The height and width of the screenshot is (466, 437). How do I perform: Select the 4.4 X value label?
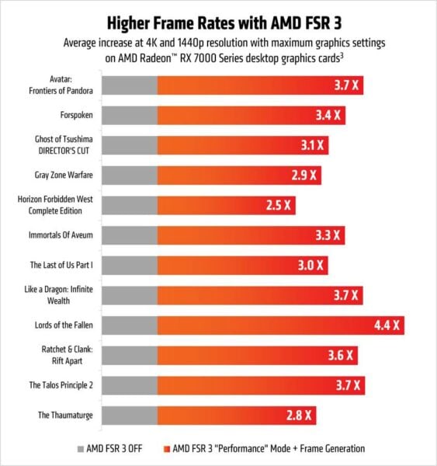[x=385, y=325]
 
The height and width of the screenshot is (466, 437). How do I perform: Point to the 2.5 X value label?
[x=277, y=205]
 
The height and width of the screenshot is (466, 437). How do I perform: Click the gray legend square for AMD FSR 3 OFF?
[x=80, y=448]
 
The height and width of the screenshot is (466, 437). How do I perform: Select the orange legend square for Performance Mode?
[x=167, y=448]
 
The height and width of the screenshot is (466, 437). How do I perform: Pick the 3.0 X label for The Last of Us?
[x=310, y=265]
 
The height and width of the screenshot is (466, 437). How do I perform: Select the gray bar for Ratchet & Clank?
[x=130, y=355]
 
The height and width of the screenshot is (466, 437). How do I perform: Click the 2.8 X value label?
[x=298, y=416]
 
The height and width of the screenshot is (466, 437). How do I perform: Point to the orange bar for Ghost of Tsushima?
[x=233, y=145]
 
